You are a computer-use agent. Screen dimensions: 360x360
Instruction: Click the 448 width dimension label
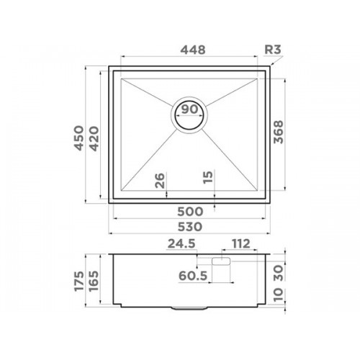(193, 50)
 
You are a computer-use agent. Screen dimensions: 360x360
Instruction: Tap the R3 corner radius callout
(272, 50)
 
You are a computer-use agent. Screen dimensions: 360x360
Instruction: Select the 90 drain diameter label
(189, 109)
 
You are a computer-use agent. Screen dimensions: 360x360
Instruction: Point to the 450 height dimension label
(79, 138)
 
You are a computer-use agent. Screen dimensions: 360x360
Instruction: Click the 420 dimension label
(94, 139)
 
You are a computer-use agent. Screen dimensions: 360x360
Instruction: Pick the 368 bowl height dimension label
(279, 132)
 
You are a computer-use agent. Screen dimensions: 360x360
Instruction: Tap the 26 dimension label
(160, 181)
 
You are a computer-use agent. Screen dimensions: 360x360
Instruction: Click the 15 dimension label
(208, 177)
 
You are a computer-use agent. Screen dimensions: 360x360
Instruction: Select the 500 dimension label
(190, 212)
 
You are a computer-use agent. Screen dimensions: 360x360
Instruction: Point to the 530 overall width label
(190, 227)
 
